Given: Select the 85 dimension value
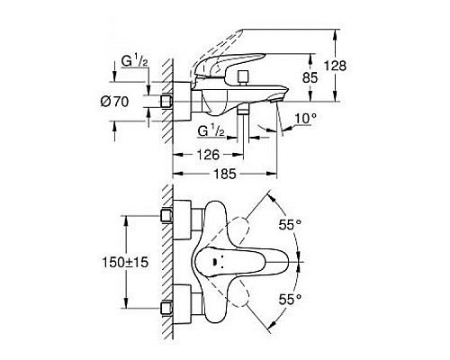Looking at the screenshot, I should (x=311, y=78).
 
